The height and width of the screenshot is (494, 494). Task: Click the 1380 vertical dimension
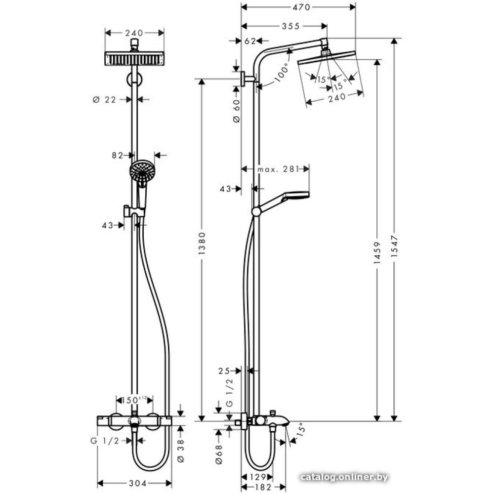coord(201,250)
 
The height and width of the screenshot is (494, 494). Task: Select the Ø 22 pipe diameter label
coord(104,100)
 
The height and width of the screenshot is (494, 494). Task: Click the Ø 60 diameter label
coord(236,112)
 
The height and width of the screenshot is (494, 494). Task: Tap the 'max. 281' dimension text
coord(279,169)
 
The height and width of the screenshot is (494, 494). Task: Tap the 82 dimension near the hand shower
coord(117,156)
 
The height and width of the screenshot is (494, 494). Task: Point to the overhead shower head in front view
coord(134,58)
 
